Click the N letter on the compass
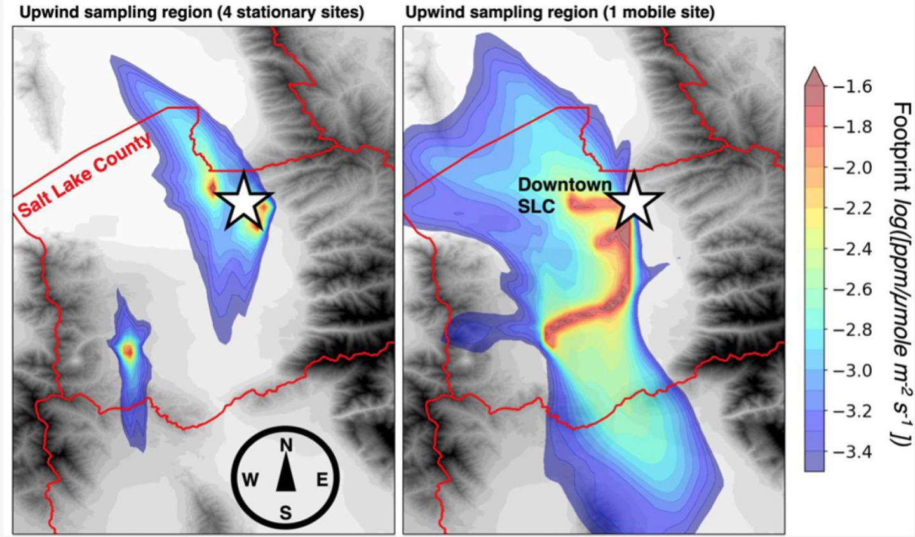(x=287, y=446)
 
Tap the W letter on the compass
(x=251, y=480)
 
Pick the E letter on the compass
(x=322, y=480)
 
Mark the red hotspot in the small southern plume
(x=129, y=350)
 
